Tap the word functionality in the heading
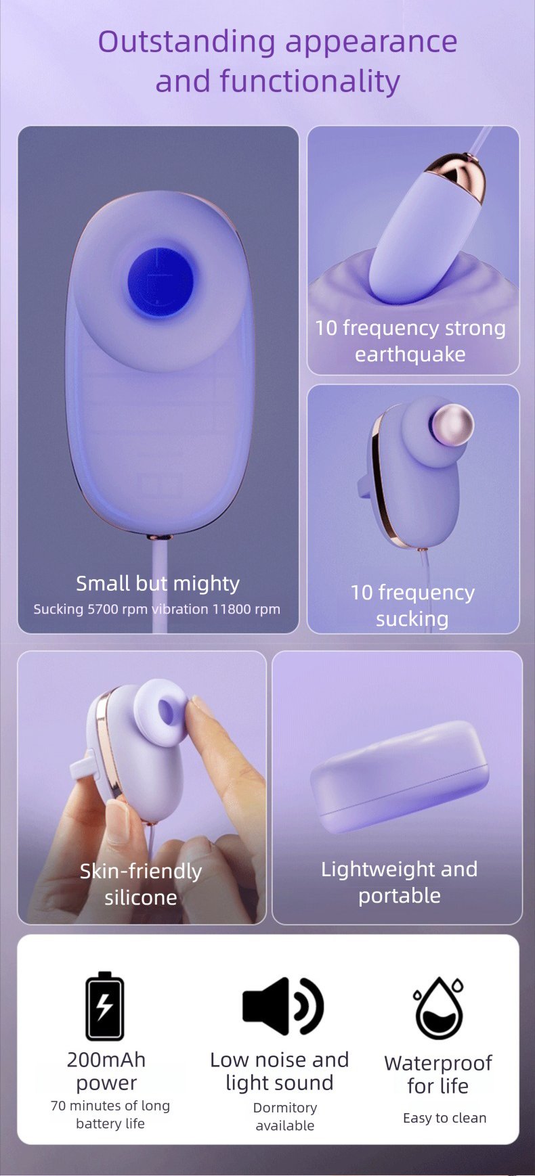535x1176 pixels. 309,81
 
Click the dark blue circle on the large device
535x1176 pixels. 160,282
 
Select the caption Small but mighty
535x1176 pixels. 158,583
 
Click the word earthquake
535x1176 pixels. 410,354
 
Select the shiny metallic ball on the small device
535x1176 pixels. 452,425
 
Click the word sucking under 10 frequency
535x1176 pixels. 412,618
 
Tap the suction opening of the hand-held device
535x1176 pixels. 167,711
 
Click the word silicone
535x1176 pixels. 141,897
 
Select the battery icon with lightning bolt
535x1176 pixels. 104,1005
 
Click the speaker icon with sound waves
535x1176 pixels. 283,1006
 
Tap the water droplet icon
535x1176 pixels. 439,1008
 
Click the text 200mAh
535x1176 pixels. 106,1060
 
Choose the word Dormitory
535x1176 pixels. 285,1108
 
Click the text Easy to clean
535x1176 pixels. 445,1118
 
